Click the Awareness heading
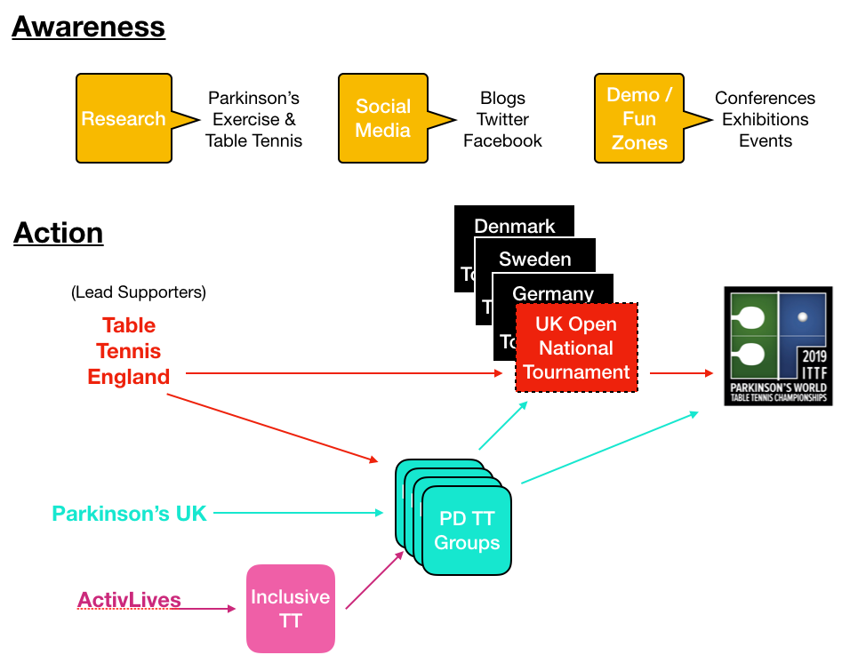coord(88,27)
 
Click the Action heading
coord(58,233)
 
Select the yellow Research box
coord(124,119)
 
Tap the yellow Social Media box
coord(383,119)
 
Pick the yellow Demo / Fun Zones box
coord(638,119)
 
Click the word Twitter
coord(502,120)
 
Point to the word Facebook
coord(502,141)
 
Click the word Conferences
coord(765,99)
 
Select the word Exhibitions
coord(765,120)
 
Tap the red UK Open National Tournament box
coord(576,348)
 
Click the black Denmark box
coord(514,226)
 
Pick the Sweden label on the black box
coord(534,260)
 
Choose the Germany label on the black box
coord(552,293)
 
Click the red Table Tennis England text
coord(129,351)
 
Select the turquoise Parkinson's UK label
coord(129,513)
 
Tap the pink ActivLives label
coord(129,601)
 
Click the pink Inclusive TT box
coord(290,609)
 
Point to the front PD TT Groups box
coord(467,531)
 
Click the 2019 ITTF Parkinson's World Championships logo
coord(778,347)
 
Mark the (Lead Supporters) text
coord(138,292)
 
